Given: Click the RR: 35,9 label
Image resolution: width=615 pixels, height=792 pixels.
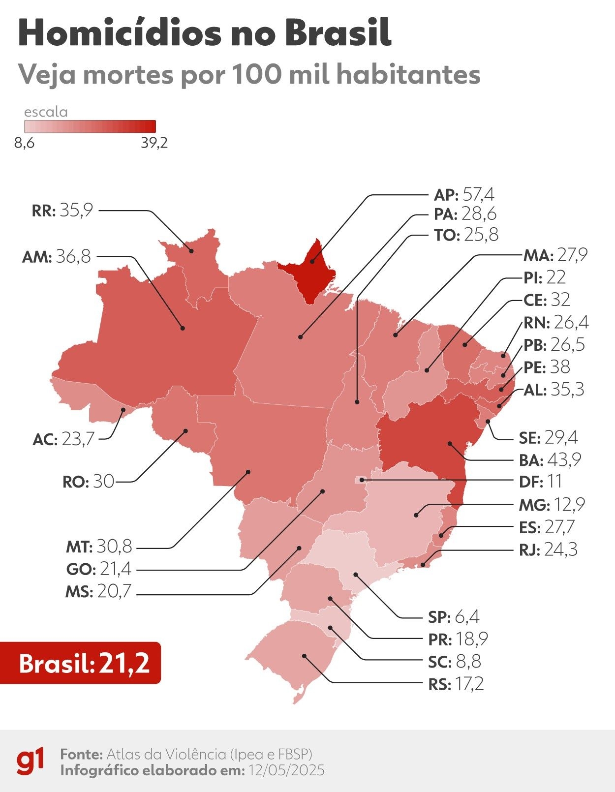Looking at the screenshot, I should click(62, 211).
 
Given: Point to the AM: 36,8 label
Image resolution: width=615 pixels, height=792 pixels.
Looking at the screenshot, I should click(57, 256).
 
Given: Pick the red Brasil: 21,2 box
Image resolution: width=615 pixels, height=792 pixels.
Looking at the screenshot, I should click(81, 663).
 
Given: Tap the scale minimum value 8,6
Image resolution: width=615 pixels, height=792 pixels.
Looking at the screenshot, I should click(24, 143).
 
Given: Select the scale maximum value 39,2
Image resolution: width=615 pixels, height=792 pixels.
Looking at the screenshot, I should click(154, 143).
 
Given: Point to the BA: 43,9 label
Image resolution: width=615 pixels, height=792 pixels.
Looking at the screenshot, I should click(550, 459).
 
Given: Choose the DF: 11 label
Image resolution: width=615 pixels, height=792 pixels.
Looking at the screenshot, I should click(540, 482).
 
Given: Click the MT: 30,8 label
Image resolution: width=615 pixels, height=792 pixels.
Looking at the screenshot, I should click(99, 546).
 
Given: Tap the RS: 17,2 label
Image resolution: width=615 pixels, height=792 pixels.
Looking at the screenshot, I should click(456, 684).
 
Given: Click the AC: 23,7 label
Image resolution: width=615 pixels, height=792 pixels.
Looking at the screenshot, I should click(63, 439).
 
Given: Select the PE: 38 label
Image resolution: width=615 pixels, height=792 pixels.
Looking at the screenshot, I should click(547, 367).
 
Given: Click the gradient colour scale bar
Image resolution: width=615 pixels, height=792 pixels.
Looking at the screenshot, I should click(90, 126).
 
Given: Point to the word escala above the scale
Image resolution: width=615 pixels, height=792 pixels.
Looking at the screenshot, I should click(46, 112).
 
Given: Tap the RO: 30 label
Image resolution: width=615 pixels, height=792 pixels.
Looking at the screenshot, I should click(89, 481).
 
